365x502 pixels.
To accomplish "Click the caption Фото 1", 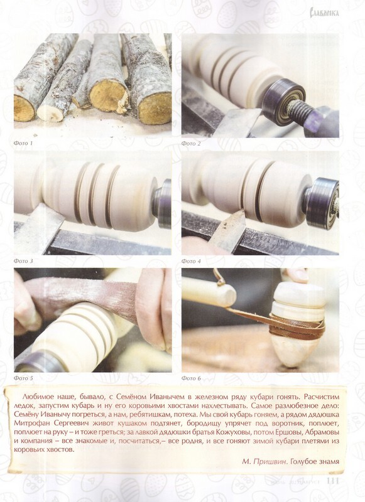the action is coord(23,143).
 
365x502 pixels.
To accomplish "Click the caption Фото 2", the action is coord(191,144).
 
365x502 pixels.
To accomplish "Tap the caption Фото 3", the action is coord(23,261).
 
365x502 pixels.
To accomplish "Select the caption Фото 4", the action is coord(191,261).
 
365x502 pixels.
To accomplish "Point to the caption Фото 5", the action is coord(23,378).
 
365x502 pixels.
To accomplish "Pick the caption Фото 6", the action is coord(191,378).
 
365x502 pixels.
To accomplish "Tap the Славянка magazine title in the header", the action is coord(324,13).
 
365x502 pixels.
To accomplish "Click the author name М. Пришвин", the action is coord(265,461).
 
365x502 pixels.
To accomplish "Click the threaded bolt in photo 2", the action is coord(300,110).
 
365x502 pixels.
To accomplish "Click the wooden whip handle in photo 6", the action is coord(209,291).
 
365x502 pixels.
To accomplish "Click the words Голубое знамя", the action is coord(315,461).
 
